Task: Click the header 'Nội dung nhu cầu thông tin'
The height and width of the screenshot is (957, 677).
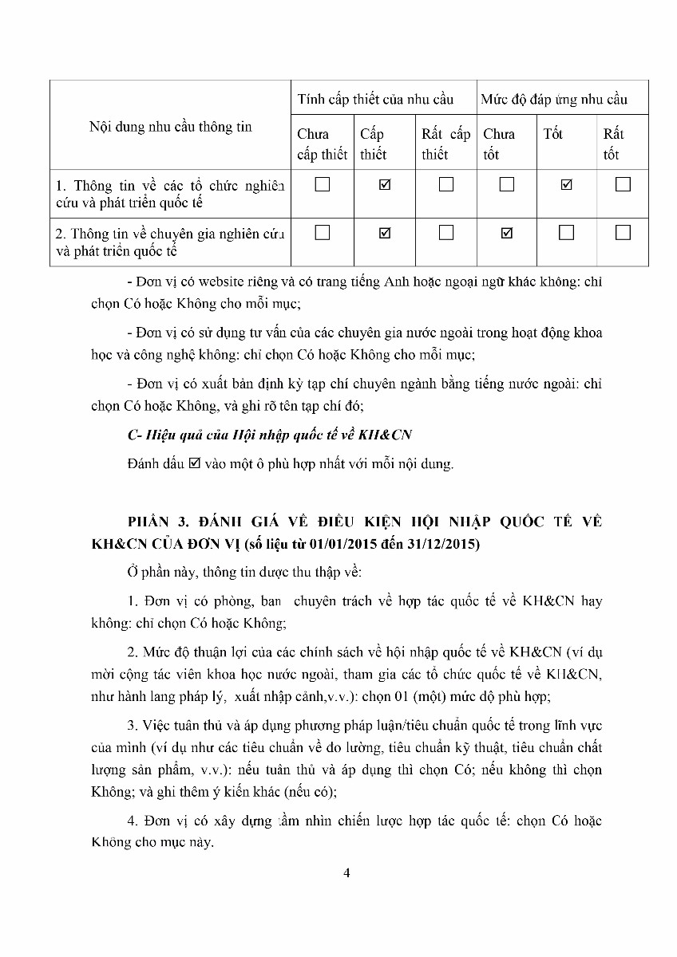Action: point(170,127)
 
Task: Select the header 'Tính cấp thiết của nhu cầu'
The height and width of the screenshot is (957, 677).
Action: point(375,99)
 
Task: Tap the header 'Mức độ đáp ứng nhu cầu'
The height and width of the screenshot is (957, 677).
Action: point(553,99)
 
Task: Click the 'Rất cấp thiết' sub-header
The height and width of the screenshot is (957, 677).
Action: point(445,144)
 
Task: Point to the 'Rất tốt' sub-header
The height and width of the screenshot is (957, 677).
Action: point(613,144)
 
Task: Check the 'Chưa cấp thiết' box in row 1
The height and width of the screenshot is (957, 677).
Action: point(323,185)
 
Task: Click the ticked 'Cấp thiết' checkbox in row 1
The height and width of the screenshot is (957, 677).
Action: point(385,185)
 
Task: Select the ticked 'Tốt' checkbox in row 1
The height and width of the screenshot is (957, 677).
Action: point(567,185)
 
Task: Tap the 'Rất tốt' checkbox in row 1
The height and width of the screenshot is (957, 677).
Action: point(624,185)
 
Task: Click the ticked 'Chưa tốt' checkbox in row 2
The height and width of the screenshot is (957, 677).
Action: point(506,233)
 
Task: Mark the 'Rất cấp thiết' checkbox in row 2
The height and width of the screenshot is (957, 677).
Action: point(446,233)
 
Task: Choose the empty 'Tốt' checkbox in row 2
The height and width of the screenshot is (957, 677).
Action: point(567,233)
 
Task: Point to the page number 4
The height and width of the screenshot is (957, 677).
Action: point(346,872)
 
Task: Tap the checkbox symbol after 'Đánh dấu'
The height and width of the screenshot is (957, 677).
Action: point(193,463)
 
